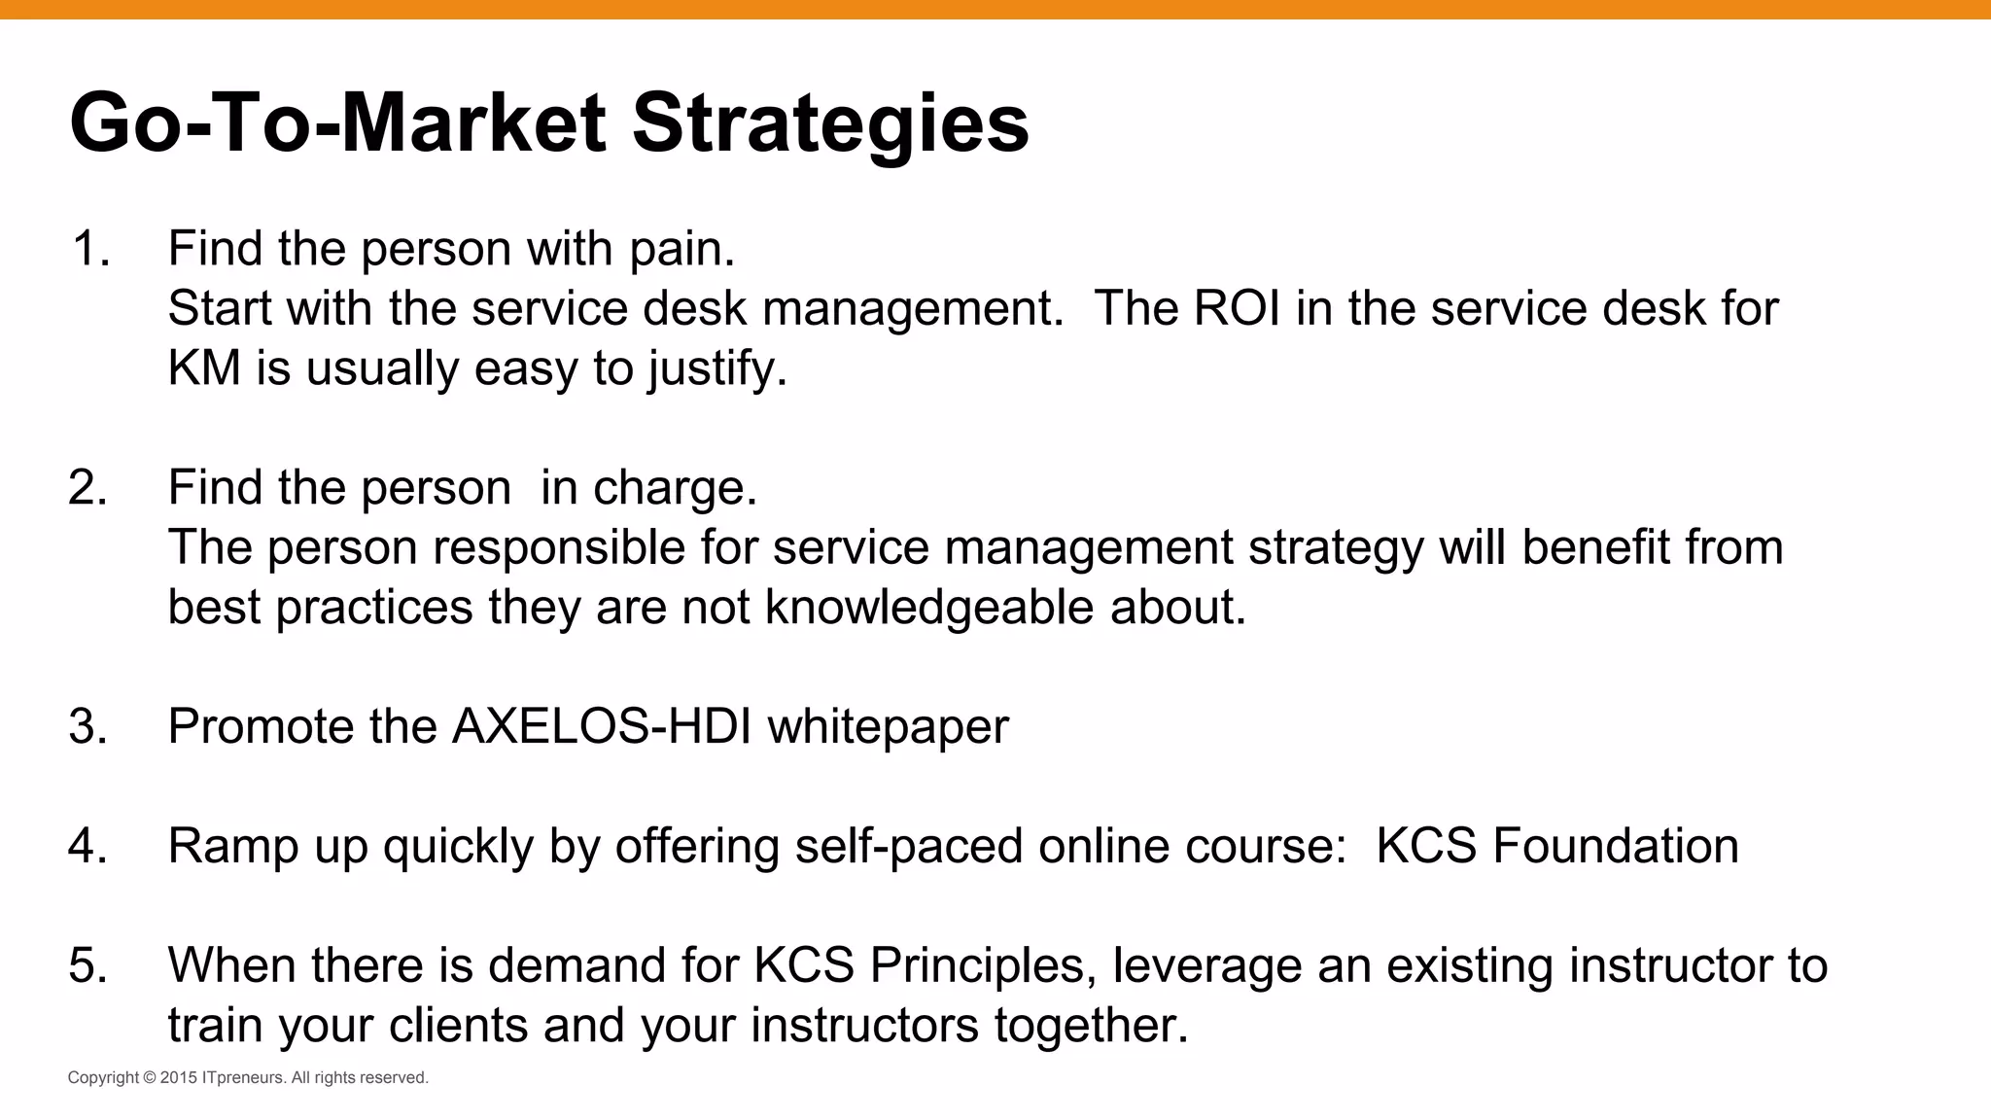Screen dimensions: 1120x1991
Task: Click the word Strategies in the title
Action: click(x=830, y=124)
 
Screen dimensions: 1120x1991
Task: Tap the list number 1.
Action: click(x=89, y=249)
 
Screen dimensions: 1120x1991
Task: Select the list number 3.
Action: click(x=87, y=727)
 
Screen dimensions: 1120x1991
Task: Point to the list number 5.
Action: click(x=87, y=966)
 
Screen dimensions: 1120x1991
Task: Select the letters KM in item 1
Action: click(x=204, y=369)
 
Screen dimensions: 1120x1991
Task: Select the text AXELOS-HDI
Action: click(x=602, y=727)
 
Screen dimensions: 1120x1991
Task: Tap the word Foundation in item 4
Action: click(x=1615, y=847)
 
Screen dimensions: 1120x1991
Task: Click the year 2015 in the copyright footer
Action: click(x=179, y=1078)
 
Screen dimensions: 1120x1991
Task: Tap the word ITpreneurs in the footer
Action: click(x=244, y=1078)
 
